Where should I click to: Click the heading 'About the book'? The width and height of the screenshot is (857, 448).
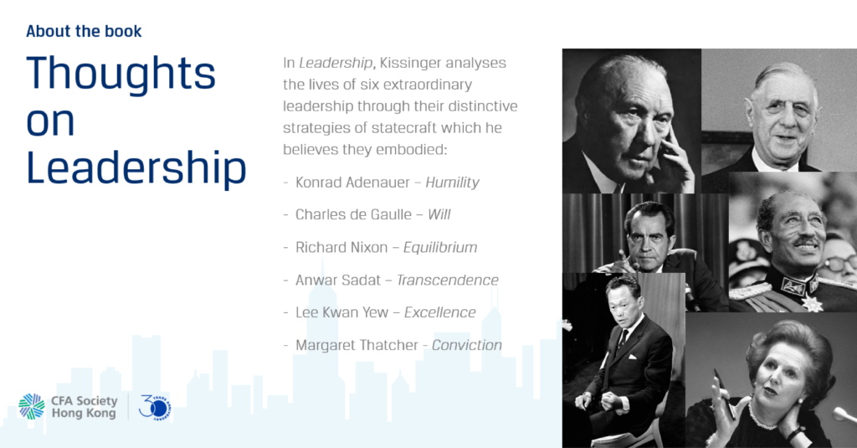pyautogui.click(x=84, y=31)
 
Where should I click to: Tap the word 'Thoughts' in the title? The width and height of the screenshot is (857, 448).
pyautogui.click(x=121, y=73)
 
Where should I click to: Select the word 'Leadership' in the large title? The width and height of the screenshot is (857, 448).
pyautogui.click(x=136, y=168)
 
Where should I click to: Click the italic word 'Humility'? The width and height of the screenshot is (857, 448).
pyautogui.click(x=452, y=183)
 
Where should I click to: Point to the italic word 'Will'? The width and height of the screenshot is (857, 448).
pyautogui.click(x=439, y=214)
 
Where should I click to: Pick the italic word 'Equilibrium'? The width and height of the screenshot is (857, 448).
pyautogui.click(x=440, y=248)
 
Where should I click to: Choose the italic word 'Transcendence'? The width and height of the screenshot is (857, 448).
pyautogui.click(x=447, y=280)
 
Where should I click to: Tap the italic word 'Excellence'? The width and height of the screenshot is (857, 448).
pyautogui.click(x=440, y=312)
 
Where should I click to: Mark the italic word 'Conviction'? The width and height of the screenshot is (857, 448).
pyautogui.click(x=467, y=345)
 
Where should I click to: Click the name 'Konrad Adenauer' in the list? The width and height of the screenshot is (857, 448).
pyautogui.click(x=352, y=183)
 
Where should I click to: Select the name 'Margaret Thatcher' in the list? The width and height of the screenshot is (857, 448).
pyautogui.click(x=357, y=345)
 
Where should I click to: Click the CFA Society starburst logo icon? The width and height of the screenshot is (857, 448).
pyautogui.click(x=32, y=406)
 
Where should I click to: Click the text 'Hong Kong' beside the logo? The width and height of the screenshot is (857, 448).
pyautogui.click(x=84, y=414)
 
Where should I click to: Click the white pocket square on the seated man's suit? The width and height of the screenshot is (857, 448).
pyautogui.click(x=632, y=358)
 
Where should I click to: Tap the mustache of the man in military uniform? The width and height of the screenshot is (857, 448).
pyautogui.click(x=807, y=241)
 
